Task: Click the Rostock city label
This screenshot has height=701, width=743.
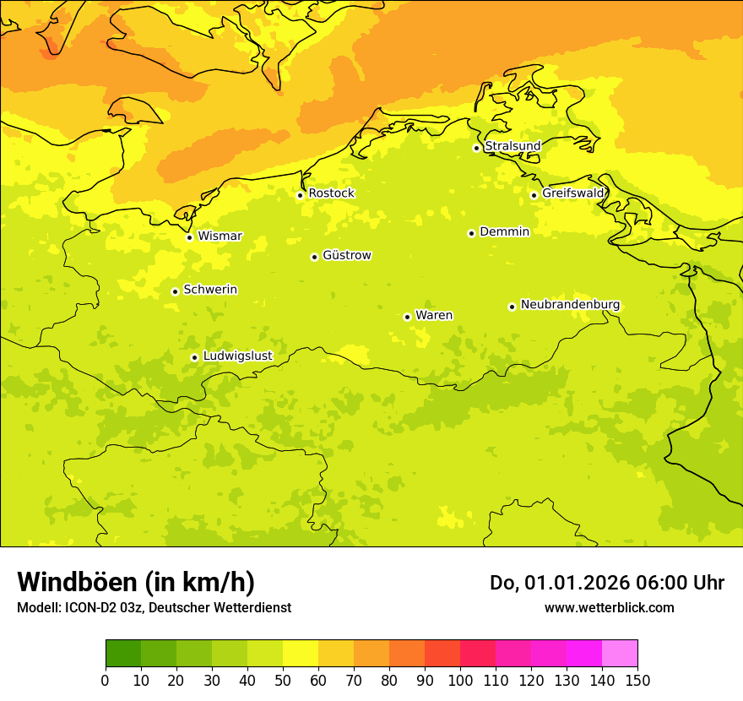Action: pyautogui.click(x=331, y=193)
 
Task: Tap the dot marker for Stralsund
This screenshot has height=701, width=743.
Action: pyautogui.click(x=476, y=148)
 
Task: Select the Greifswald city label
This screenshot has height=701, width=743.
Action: pyautogui.click(x=573, y=193)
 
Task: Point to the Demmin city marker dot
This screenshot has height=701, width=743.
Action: pyautogui.click(x=471, y=233)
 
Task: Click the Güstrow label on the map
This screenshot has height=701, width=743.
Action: pyautogui.click(x=346, y=255)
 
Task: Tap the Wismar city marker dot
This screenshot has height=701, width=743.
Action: pyautogui.click(x=189, y=237)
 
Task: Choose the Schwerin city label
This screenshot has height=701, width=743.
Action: pyautogui.click(x=210, y=290)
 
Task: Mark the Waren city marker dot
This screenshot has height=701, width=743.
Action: pyautogui.click(x=407, y=317)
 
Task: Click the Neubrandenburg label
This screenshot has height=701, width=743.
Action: pyautogui.click(x=570, y=305)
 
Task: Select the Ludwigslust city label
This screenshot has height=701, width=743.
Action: pyautogui.click(x=237, y=356)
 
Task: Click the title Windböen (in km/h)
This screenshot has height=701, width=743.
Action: pyautogui.click(x=136, y=582)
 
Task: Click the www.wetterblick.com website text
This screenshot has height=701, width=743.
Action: pyautogui.click(x=609, y=607)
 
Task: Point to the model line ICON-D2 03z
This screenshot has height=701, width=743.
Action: pyautogui.click(x=109, y=607)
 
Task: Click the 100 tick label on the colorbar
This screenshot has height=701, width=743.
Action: pyautogui.click(x=460, y=681)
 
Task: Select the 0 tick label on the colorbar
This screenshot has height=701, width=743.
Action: pyautogui.click(x=106, y=681)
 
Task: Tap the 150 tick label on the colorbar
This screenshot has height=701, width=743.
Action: pyautogui.click(x=637, y=681)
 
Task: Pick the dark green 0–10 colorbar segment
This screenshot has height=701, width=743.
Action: pyautogui.click(x=123, y=654)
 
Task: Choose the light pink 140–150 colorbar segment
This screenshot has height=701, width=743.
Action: pyautogui.click(x=620, y=654)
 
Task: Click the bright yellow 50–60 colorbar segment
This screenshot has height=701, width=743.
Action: pyautogui.click(x=301, y=654)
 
